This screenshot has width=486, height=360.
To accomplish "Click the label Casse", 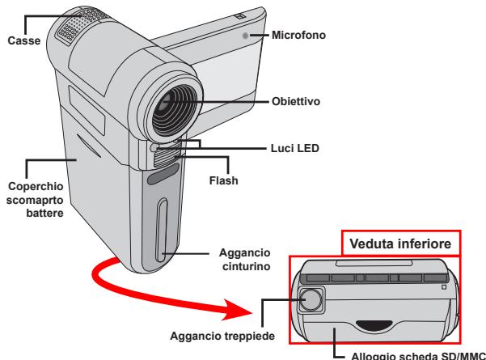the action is point(24,40).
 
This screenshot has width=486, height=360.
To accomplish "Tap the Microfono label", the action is point(298,35).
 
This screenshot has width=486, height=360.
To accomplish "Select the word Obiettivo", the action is point(296,101).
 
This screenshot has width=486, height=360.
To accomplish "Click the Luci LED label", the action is point(295,148).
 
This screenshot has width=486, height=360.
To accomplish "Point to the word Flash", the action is point(224,180).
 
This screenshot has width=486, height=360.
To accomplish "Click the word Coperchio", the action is point(36,186).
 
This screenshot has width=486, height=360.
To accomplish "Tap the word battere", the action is point(45,213).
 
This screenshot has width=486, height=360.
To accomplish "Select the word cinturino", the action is point(247,266).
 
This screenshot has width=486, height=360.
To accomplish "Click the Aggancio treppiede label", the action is point(222,336).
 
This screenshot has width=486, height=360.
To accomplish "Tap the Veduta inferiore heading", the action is point(400,244).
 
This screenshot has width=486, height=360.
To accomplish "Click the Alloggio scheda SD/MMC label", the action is point(418,356).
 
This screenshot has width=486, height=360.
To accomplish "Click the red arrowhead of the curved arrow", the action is point(237,310).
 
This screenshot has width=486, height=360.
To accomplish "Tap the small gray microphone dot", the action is point(245,36).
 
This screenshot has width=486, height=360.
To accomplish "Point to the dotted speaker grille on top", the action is point(83,25).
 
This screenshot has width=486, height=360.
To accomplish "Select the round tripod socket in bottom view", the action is point(311,299).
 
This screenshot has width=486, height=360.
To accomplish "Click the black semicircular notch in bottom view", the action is point(374,324).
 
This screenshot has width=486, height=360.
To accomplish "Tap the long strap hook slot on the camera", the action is point(162,230).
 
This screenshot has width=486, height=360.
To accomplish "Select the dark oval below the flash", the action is point(163,174).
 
